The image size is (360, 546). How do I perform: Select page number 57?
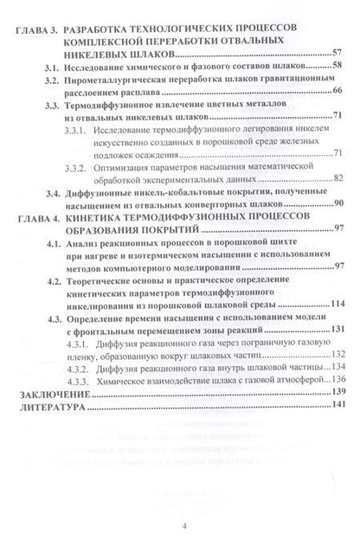(336, 54)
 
